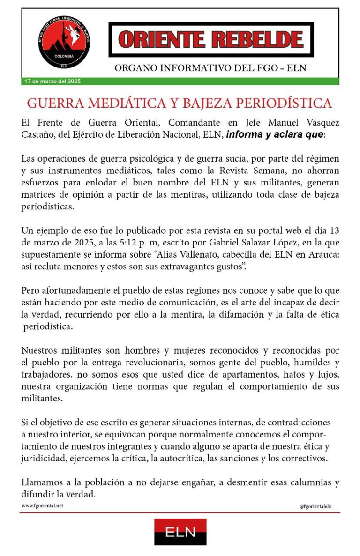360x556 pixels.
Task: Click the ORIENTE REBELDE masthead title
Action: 210,39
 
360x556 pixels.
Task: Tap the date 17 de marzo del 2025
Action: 52,81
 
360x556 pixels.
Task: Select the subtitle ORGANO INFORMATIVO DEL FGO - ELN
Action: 210,68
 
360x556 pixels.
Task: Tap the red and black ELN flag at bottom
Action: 180,532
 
